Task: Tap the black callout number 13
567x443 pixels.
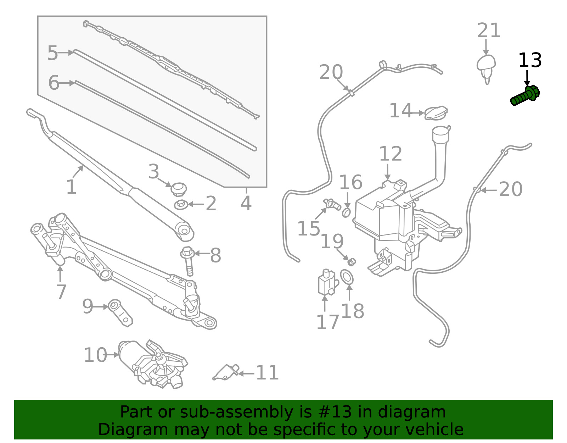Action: (530, 61)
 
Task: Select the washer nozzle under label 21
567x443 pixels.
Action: (486, 67)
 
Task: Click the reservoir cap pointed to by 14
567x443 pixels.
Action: (436, 113)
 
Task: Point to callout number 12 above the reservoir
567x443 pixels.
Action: (391, 154)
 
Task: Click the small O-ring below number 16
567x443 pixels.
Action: (347, 213)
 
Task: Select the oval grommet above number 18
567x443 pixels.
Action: (347, 277)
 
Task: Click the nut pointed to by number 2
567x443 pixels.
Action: (181, 205)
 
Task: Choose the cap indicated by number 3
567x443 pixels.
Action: (179, 189)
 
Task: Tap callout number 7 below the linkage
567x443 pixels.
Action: (61, 292)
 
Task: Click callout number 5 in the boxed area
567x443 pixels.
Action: (52, 53)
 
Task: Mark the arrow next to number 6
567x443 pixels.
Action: (67, 83)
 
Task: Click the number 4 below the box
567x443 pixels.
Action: (246, 203)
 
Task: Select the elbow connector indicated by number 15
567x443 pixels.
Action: (332, 204)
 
